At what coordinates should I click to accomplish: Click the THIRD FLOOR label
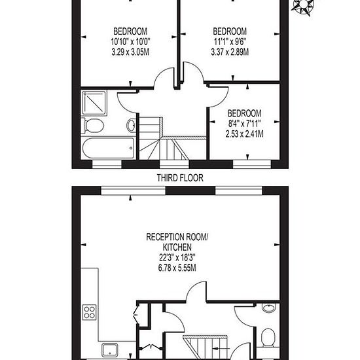[180, 178]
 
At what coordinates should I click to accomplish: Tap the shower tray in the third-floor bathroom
[94, 103]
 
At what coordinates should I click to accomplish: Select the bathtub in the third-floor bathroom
[109, 148]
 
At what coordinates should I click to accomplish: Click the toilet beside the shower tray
[92, 126]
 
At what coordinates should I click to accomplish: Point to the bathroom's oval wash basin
[132, 126]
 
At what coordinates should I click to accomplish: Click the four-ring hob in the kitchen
[89, 312]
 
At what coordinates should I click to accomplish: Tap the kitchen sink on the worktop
[110, 351]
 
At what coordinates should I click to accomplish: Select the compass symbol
[303, 6]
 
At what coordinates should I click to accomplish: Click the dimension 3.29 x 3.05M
[130, 52]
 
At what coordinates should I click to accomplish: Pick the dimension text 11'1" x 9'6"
[230, 42]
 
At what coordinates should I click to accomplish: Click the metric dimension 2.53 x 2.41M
[244, 134]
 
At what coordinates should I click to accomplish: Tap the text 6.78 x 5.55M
[177, 268]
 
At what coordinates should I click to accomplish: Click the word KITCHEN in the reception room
[177, 247]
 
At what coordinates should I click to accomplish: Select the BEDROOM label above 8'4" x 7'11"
[244, 113]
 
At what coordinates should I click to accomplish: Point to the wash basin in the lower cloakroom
[268, 308]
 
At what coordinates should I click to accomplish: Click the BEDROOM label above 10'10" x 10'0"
[130, 31]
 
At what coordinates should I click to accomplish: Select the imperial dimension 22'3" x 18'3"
[177, 258]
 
